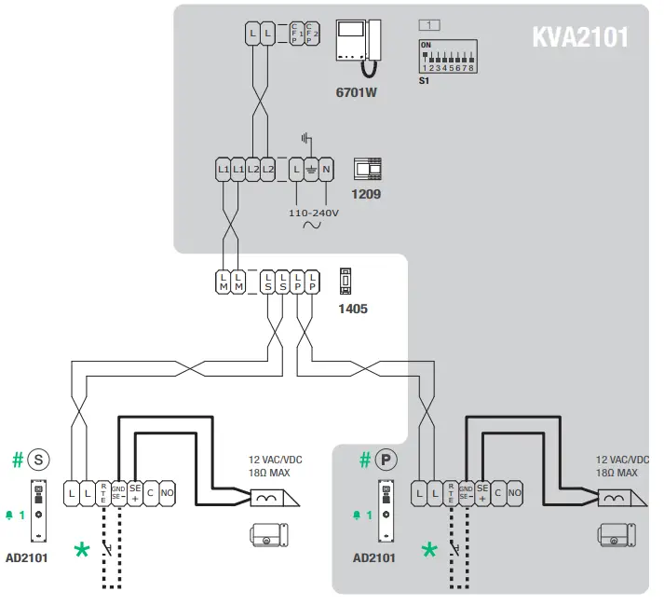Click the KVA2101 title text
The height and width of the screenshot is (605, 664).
579,36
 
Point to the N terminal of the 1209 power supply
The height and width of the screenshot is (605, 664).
326,170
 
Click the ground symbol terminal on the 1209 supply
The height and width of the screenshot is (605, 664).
311,170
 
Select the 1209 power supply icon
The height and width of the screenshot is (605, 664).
368,169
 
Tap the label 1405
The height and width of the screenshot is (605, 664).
352,308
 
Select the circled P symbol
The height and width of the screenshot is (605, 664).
386,460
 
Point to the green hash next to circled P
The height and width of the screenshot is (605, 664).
365,460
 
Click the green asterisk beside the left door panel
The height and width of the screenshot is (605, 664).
83,550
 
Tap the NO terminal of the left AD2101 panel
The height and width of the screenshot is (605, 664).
166,492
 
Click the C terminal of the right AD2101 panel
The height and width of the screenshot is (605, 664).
498,492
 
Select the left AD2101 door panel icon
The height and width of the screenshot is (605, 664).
38,513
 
